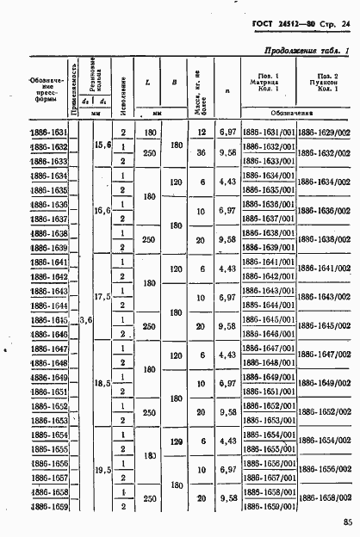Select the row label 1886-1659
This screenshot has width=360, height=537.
[x=48, y=506]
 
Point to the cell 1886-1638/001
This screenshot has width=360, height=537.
[x=268, y=233]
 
